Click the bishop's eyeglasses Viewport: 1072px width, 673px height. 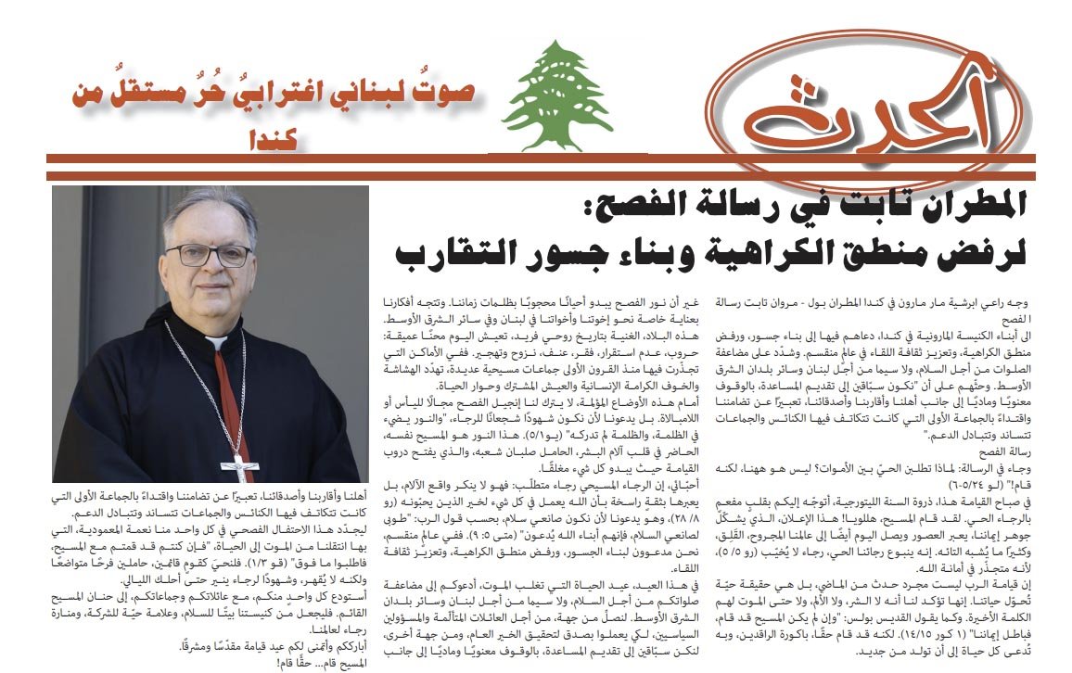[209, 254]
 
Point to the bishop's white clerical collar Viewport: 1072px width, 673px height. [216, 341]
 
